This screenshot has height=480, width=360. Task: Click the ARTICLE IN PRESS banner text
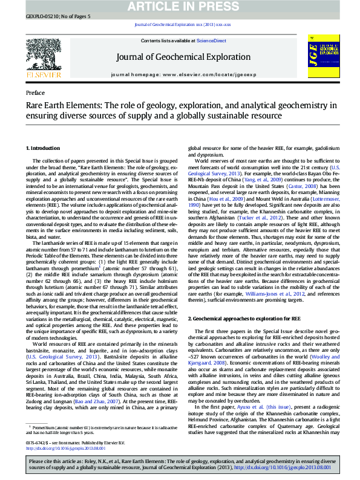(x=180, y=6)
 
